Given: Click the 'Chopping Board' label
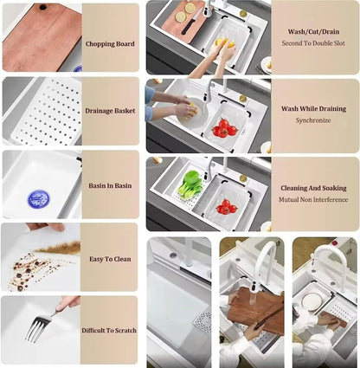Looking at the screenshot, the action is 110,44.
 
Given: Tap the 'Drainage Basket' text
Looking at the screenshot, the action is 110,111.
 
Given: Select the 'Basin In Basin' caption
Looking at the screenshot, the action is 110,185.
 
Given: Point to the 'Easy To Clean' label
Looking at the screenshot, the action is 110,259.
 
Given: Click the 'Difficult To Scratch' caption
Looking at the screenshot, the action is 109,331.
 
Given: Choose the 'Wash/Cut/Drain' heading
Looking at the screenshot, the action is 313,32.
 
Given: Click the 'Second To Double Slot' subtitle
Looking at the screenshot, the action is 313,43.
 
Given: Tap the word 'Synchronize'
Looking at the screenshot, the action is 313,120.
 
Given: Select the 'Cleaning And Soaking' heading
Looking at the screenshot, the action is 313,188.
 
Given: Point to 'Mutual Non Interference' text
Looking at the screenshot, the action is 313,200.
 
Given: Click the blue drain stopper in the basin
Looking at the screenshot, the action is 38,199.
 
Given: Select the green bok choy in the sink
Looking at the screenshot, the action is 190,184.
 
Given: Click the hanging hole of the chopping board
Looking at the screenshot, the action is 43,7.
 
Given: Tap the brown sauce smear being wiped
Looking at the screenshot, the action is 59,248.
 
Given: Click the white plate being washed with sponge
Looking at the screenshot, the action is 192,113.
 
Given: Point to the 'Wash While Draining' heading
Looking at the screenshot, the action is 313,109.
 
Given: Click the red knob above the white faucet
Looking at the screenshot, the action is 335,242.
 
